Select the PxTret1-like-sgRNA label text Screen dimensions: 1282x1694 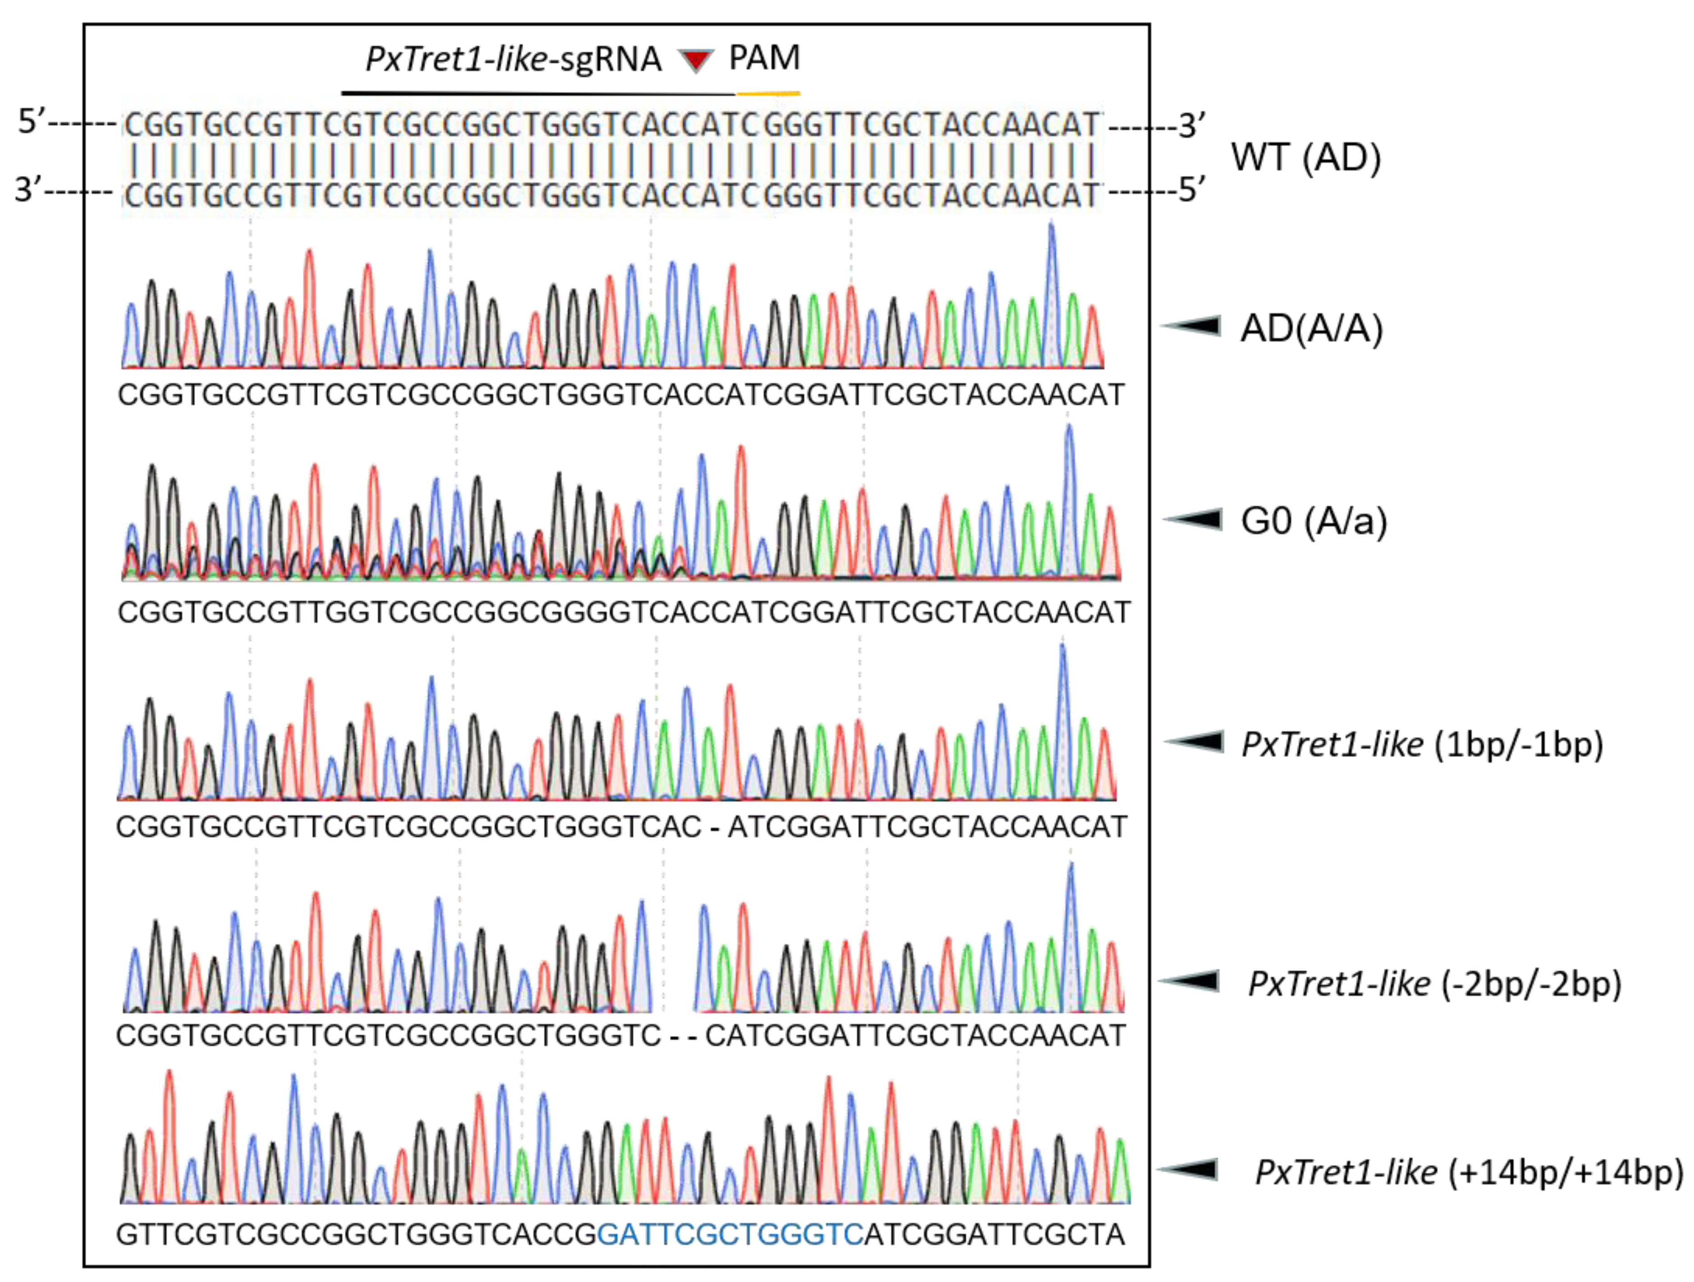point(513,60)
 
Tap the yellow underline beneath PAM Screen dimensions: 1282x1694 point(768,93)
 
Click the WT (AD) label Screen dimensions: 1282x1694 point(1306,158)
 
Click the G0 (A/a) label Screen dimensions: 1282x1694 point(1314,521)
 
